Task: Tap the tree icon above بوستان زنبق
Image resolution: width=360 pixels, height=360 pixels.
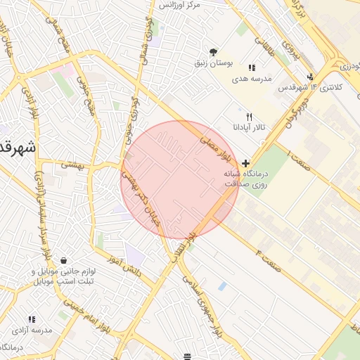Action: pyautogui.click(x=214, y=52)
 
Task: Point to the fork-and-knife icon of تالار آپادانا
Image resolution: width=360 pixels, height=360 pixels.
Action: pyautogui.click(x=249, y=117)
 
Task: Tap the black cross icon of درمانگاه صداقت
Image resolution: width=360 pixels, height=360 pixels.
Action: pyautogui.click(x=245, y=163)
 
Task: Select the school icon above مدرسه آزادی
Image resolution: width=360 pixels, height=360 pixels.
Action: pyautogui.click(x=31, y=320)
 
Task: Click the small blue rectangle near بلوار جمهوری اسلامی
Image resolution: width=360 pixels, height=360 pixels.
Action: pyautogui.click(x=222, y=286)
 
